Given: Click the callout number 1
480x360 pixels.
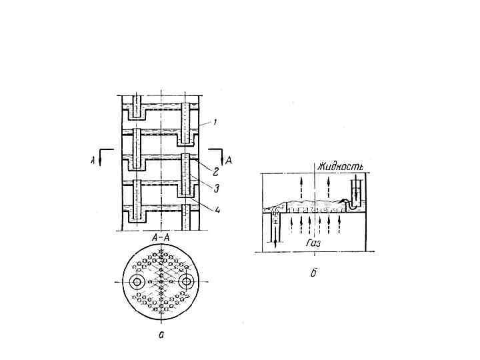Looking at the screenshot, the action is (215, 123).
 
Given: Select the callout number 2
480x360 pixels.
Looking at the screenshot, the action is (215, 172).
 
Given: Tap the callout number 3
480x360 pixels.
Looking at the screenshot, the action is (216, 188).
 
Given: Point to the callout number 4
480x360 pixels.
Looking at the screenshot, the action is (217, 210).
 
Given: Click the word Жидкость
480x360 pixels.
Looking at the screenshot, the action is (340, 167).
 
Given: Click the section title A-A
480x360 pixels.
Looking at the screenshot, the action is (161, 239).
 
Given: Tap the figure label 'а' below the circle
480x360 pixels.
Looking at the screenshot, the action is (161, 335).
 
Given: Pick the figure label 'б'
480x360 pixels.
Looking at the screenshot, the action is (313, 273).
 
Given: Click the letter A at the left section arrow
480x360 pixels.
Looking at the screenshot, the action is (93, 160).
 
